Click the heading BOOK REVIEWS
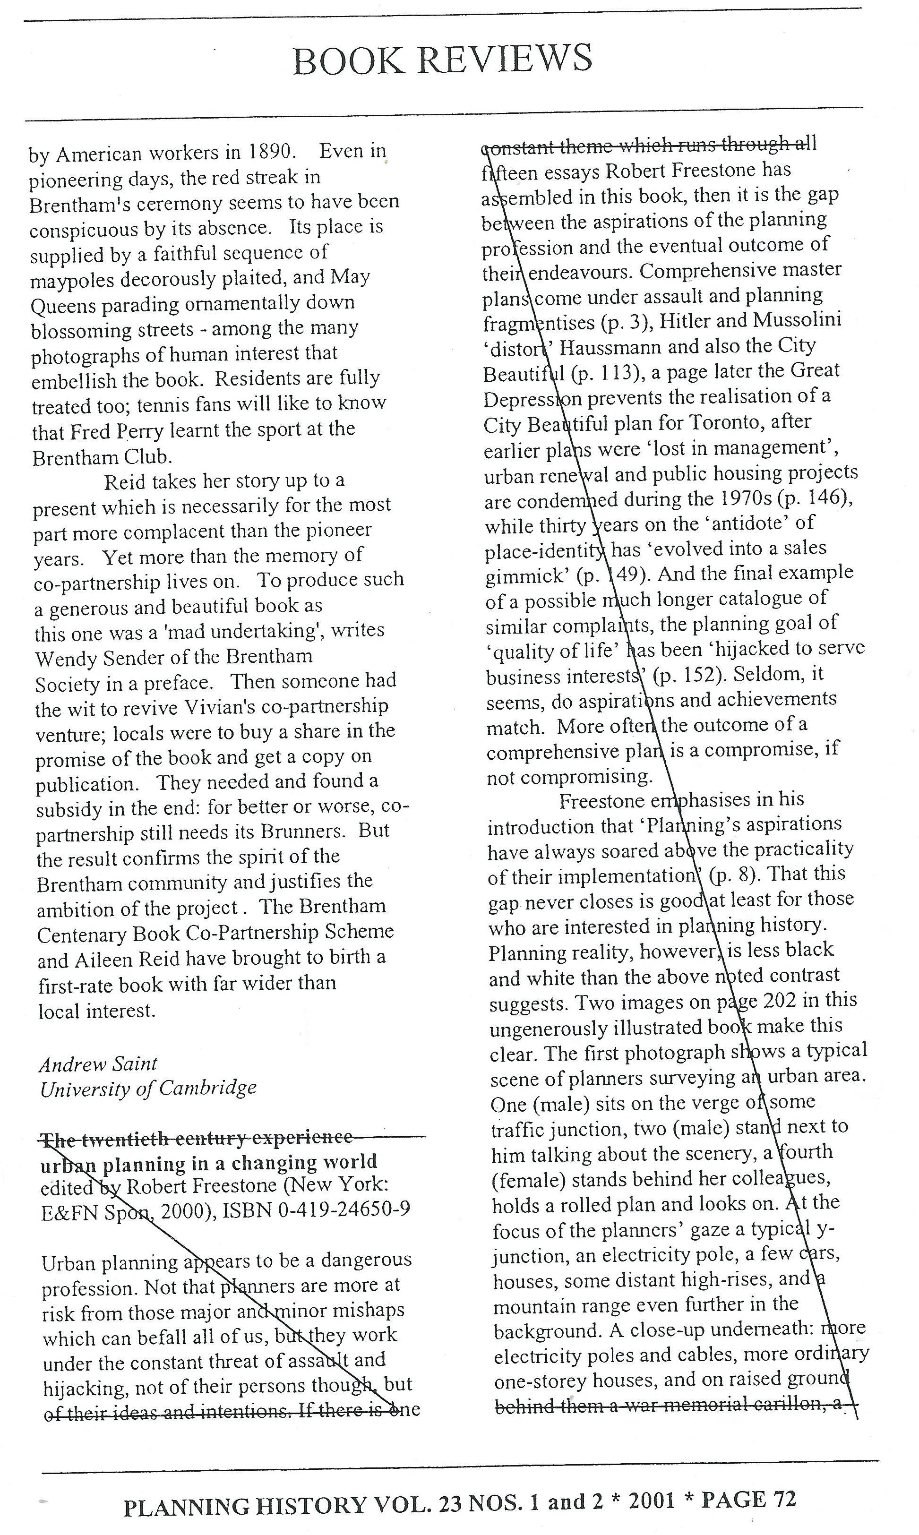tap(442, 60)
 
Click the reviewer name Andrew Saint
tap(98, 1064)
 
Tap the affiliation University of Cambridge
tap(148, 1088)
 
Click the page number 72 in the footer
tap(782, 1500)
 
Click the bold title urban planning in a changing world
tap(209, 1162)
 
